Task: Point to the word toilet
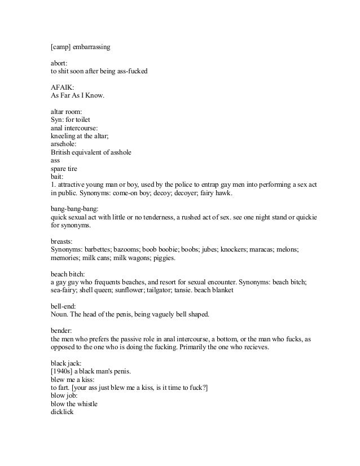(x=85, y=120)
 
